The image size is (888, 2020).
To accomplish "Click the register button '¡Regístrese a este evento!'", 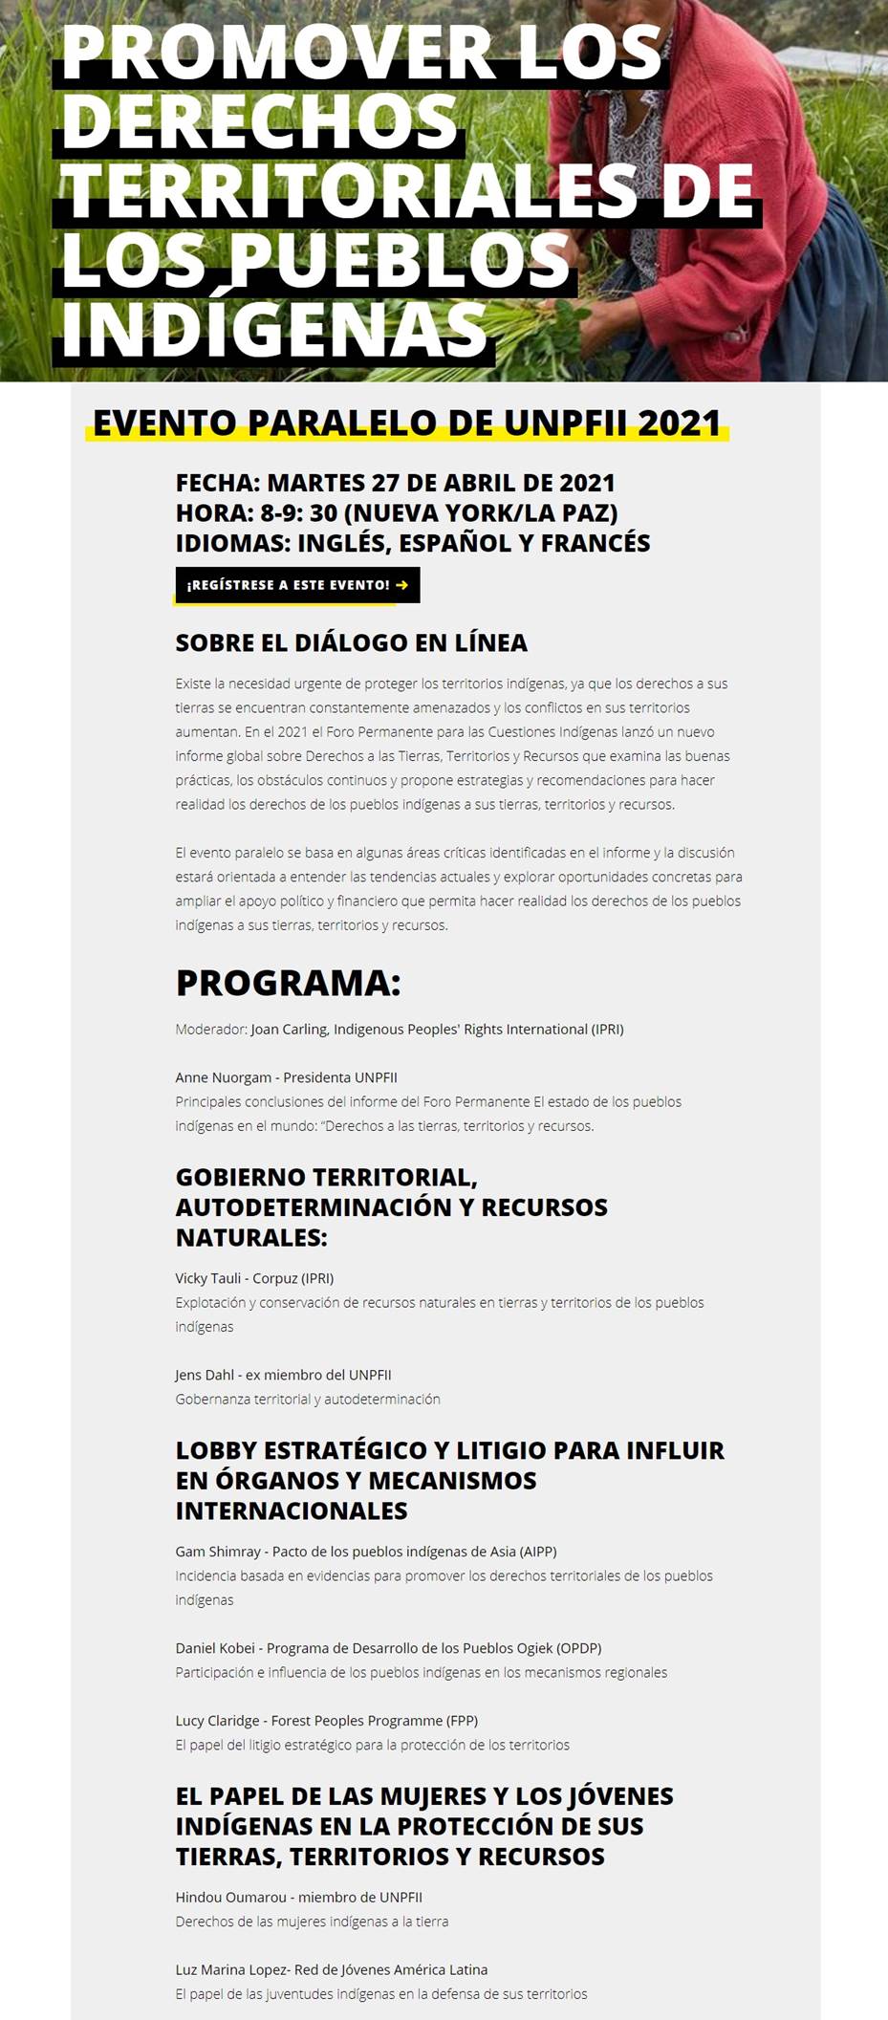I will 297,585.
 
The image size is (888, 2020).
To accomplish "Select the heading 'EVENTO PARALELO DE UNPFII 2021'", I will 406,423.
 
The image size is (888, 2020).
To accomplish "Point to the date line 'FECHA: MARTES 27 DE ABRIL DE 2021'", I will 395,483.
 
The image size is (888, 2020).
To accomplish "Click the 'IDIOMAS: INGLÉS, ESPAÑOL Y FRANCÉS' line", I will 412,543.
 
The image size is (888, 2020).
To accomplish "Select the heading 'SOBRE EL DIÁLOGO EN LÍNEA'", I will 351,642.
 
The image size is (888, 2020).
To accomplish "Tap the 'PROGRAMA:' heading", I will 288,983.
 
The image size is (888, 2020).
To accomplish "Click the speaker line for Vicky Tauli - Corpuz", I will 254,1278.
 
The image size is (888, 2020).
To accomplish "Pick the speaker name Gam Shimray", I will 218,1552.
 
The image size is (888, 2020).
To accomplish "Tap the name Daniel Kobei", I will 215,1648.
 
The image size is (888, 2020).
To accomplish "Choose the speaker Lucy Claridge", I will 217,1721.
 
